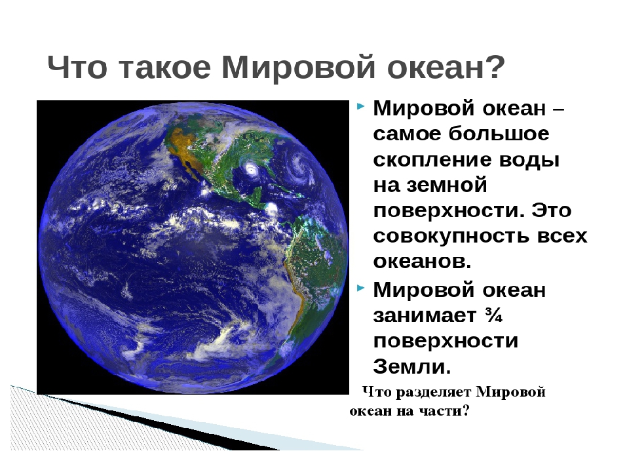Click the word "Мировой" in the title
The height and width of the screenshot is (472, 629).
[x=299, y=67]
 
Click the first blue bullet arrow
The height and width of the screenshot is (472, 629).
[x=360, y=106]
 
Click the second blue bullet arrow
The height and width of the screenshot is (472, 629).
[x=360, y=288]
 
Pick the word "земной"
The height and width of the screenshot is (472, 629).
[x=446, y=186]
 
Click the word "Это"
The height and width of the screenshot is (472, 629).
[x=551, y=210]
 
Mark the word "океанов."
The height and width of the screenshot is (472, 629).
[x=423, y=262]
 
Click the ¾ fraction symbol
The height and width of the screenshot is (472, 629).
[x=493, y=315]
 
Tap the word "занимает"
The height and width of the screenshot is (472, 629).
[x=425, y=315]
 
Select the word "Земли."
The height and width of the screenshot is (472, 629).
[x=412, y=366]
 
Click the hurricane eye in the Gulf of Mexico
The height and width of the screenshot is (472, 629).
[x=252, y=169]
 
